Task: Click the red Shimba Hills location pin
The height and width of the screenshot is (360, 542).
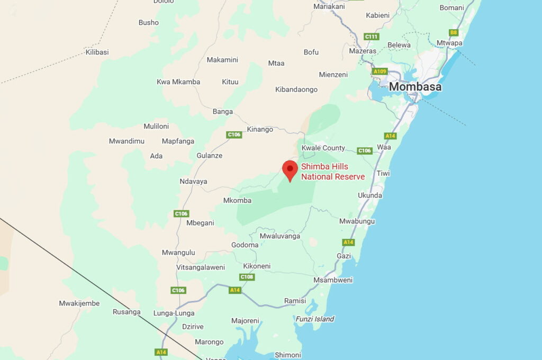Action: click(290, 170)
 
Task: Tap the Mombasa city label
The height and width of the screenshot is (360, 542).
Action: click(415, 87)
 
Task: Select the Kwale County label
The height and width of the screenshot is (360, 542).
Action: click(323, 148)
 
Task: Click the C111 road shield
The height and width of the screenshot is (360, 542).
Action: click(372, 37)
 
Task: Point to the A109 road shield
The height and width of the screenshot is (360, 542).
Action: click(380, 71)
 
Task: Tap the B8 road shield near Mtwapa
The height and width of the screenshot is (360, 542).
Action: click(453, 32)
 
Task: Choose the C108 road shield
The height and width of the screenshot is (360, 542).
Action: click(247, 277)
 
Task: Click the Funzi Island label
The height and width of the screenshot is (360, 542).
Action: click(314, 319)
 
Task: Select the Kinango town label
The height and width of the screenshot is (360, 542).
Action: click(260, 129)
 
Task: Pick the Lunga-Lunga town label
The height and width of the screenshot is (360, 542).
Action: click(174, 313)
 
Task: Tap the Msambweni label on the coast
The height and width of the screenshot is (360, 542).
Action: click(333, 280)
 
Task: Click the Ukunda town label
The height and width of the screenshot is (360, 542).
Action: click(370, 195)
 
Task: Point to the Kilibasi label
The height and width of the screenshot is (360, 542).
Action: click(97, 52)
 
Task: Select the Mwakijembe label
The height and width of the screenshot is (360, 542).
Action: click(79, 303)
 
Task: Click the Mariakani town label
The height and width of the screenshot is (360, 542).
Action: click(329, 6)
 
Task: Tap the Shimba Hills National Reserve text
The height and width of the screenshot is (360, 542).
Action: click(333, 172)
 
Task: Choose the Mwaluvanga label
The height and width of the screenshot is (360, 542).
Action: click(279, 236)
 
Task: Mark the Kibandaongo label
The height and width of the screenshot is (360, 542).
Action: click(296, 89)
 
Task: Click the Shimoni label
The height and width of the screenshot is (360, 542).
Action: click(288, 355)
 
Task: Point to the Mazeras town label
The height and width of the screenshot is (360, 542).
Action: click(363, 51)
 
